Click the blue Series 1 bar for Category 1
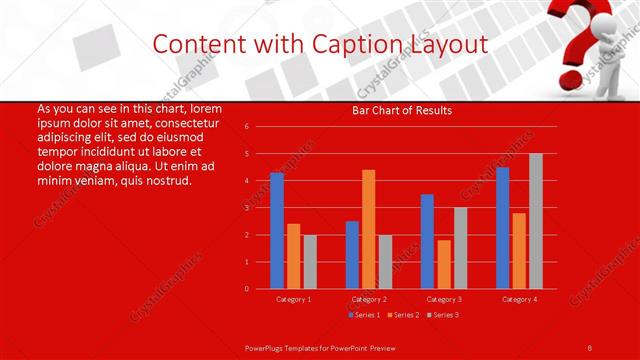[277, 231]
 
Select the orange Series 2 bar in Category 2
[368, 229]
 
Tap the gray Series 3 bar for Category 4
[535, 221]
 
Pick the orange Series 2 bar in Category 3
[443, 264]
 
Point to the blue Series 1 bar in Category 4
[502, 228]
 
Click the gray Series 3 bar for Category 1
[310, 262]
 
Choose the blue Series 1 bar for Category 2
[352, 255]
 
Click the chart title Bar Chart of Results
[402, 110]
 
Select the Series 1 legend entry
[363, 315]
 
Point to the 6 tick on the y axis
[246, 127]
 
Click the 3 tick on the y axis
[246, 208]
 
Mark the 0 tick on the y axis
[246, 289]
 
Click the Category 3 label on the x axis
[443, 299]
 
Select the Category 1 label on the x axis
[293, 299]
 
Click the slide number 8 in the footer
[589, 346]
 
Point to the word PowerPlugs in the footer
[268, 346]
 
